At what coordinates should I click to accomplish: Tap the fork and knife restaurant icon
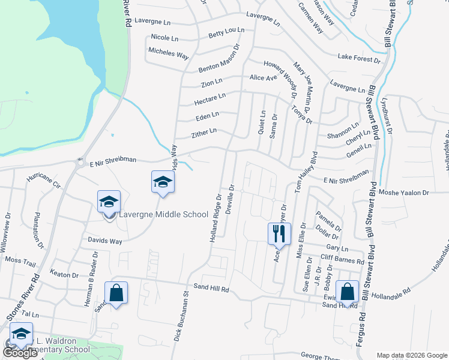tap(279, 233)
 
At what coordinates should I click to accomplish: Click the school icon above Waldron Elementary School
tap(21, 334)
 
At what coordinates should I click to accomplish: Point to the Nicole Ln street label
tap(164, 38)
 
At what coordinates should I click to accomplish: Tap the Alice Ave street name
tap(263, 78)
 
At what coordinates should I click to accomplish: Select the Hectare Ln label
tap(209, 97)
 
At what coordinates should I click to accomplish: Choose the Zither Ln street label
tap(203, 131)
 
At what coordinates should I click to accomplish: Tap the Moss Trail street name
tap(20, 260)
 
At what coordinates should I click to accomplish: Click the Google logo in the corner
tap(20, 353)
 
